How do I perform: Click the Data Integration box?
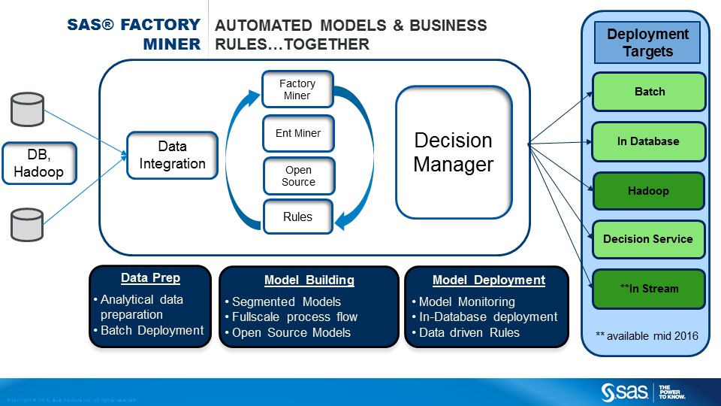[x=172, y=156]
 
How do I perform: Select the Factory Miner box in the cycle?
[x=297, y=89]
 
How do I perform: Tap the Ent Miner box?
[x=298, y=133]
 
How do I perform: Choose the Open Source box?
[x=299, y=176]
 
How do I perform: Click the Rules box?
[x=297, y=217]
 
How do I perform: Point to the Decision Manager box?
[x=454, y=152]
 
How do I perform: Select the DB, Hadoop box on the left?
[x=38, y=162]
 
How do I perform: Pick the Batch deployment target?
[x=649, y=92]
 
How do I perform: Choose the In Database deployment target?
[x=649, y=141]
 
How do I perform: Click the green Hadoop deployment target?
[x=649, y=191]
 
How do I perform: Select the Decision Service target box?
[x=649, y=240]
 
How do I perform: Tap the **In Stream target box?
[x=649, y=289]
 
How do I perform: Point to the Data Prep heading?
[x=150, y=278]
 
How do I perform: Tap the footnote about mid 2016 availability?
[x=647, y=335]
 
